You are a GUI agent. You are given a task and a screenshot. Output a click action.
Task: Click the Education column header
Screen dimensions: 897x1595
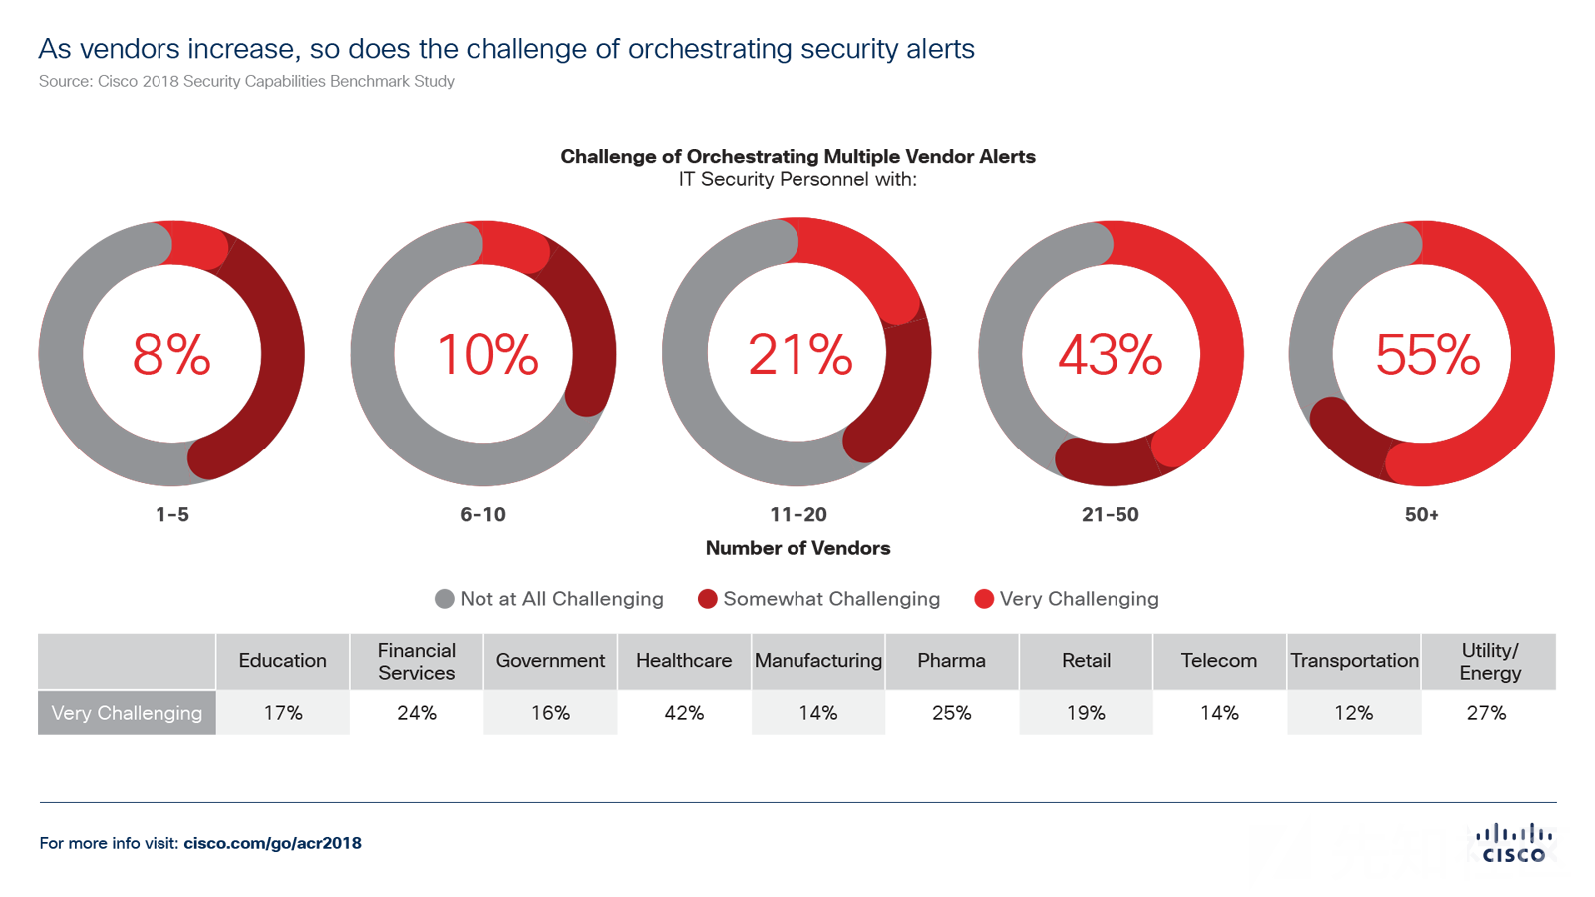point(282,660)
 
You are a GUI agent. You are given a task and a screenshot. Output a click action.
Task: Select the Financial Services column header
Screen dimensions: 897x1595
point(417,661)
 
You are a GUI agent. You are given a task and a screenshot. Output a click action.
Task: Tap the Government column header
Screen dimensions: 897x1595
point(550,660)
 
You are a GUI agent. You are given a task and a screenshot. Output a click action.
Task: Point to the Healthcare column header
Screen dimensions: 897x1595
point(684,660)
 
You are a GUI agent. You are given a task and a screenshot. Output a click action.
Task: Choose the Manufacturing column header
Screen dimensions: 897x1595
point(817,660)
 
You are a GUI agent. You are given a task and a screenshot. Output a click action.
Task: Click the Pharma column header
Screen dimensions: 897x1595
point(951,660)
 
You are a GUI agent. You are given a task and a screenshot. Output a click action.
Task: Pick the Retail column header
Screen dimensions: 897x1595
point(1086,660)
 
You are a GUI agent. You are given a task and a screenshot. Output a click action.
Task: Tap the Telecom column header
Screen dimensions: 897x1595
point(1219,660)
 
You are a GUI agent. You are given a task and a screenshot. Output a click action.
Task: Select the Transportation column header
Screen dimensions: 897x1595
point(1354,660)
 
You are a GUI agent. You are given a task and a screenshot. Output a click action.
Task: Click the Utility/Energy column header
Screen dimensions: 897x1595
point(1490,661)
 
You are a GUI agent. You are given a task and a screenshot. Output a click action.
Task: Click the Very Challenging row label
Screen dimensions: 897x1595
point(127,713)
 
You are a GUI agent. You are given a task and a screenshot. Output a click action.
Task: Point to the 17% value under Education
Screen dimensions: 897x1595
point(283,713)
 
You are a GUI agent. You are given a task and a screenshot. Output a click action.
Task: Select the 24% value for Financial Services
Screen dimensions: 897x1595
point(417,713)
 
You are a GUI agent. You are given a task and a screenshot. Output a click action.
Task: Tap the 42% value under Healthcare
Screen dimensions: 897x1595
point(684,713)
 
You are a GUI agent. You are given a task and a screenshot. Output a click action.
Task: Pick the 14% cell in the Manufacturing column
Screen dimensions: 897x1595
point(817,713)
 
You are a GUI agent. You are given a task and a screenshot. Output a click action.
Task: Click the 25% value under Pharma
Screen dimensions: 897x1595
point(951,713)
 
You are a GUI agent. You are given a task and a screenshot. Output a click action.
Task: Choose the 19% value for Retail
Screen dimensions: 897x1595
point(1086,713)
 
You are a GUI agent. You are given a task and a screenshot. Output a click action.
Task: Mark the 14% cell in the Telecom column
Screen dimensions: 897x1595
point(1219,713)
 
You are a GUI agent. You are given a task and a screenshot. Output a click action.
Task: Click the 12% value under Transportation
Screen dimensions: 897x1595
point(1353,713)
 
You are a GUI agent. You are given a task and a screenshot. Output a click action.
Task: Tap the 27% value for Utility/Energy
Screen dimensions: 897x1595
point(1486,713)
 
